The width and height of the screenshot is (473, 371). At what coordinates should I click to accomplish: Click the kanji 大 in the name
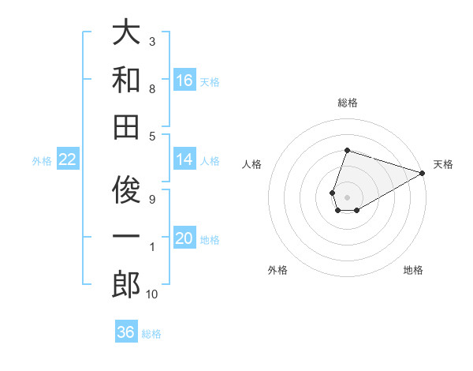point(126,33)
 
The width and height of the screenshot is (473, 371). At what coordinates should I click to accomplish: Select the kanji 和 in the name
point(126,79)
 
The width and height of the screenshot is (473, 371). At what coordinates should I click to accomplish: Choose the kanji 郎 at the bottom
point(126,284)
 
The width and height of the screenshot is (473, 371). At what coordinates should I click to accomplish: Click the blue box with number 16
point(184,80)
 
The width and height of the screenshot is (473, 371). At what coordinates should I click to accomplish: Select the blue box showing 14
point(184,159)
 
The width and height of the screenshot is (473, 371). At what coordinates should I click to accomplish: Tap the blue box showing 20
point(184,238)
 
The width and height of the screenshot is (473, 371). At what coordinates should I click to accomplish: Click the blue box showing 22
point(68,159)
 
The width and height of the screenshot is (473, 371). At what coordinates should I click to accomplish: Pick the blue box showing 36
point(126,332)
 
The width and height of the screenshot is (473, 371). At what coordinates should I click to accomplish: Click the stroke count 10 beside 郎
point(151,294)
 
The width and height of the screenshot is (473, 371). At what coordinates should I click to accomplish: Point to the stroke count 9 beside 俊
point(151,199)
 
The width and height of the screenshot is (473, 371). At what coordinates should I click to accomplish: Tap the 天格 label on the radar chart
point(444,164)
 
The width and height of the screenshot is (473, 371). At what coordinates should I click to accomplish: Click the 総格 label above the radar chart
point(347,103)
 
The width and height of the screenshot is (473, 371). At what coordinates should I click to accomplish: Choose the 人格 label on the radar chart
point(252,164)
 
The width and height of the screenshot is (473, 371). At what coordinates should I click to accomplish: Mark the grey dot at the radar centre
point(347,196)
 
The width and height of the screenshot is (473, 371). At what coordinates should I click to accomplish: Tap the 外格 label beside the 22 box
point(42,161)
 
